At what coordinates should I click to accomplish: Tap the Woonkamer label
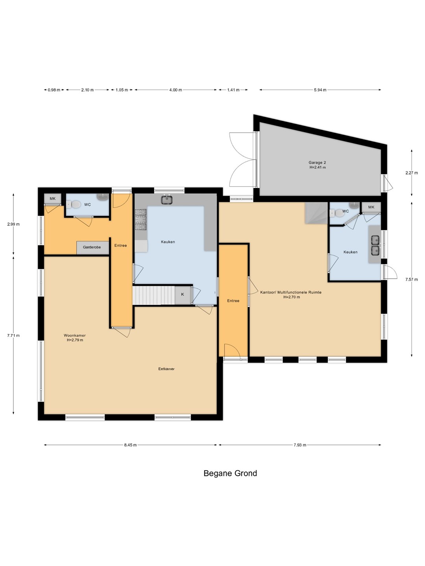(x=75, y=336)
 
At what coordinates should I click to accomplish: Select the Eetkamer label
(x=166, y=369)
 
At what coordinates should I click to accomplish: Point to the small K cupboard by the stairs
(x=183, y=294)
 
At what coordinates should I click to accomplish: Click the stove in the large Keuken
(x=140, y=219)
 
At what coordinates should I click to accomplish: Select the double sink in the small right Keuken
(x=375, y=245)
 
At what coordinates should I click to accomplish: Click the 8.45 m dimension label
(x=130, y=445)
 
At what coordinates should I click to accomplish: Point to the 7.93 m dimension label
(x=300, y=445)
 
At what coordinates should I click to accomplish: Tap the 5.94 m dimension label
(x=320, y=90)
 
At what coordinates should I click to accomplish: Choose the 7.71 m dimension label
(x=13, y=336)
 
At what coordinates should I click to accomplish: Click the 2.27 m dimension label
(x=412, y=173)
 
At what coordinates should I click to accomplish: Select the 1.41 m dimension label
(x=233, y=90)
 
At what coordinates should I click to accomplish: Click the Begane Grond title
(x=230, y=473)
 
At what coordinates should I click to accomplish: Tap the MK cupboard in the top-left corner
(x=53, y=199)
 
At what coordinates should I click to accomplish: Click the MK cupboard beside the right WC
(x=371, y=207)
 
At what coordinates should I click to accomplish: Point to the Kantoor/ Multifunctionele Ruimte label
(x=291, y=292)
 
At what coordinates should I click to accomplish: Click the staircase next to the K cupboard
(x=154, y=295)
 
